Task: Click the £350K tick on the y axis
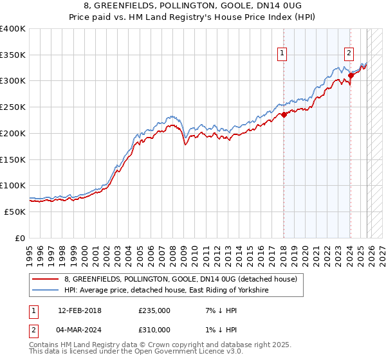[13, 55]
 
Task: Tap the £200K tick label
[13, 133]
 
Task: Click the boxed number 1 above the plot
[282, 54]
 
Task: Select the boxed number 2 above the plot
[349, 54]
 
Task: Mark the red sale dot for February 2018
[284, 115]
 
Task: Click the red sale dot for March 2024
[351, 75]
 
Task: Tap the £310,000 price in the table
[154, 332]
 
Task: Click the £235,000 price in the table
[154, 310]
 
